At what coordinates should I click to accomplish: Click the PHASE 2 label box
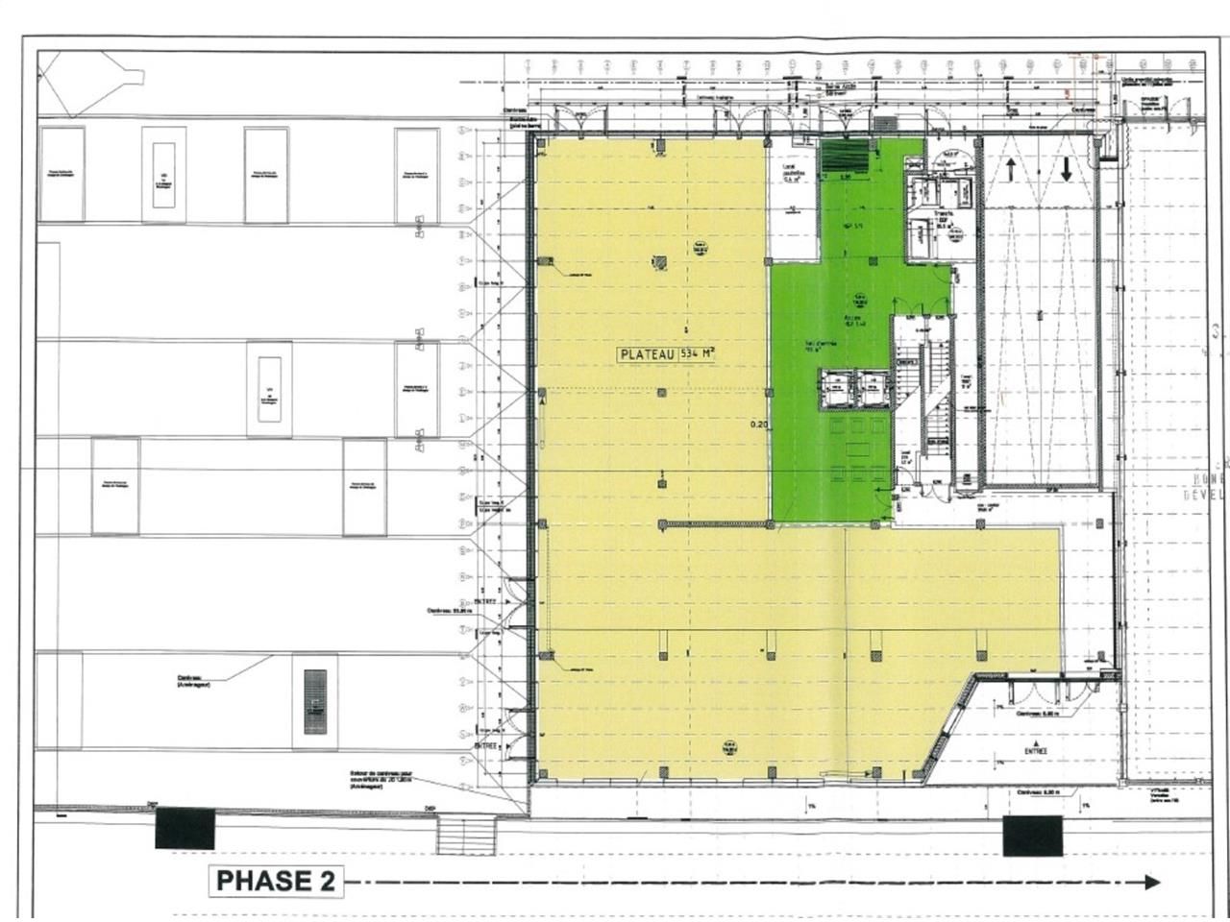click(276, 880)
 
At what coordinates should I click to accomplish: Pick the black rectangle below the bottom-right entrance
click(1033, 836)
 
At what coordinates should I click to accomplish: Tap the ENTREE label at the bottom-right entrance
click(1036, 751)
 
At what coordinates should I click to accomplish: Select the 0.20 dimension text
click(759, 424)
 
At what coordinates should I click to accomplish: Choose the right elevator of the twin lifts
click(872, 390)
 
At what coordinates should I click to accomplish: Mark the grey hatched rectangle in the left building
click(315, 702)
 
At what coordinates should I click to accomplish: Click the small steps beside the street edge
click(465, 837)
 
